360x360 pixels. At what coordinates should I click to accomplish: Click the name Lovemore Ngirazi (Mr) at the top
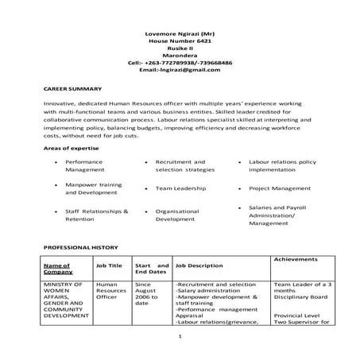point(179,34)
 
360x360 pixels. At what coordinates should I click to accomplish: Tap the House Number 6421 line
point(179,41)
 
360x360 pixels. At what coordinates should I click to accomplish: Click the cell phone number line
point(179,62)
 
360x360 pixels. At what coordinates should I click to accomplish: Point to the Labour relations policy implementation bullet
point(282,166)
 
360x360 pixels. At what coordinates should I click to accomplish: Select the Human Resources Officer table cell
point(110,291)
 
